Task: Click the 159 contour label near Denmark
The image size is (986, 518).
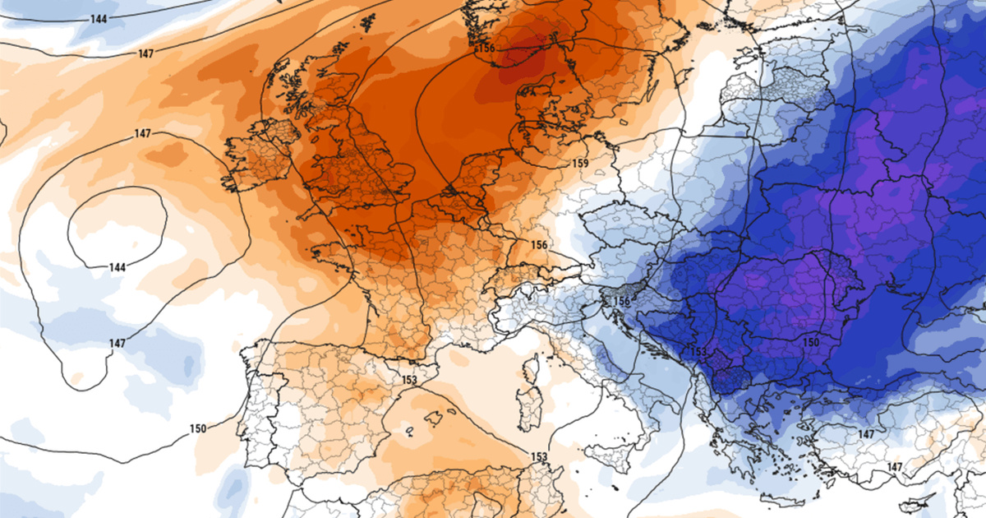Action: (580, 164)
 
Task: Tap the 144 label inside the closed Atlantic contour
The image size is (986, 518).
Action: (117, 267)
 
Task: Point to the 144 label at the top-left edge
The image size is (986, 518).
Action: (99, 17)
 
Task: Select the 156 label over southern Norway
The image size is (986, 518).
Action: (486, 49)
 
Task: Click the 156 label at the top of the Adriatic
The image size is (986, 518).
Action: (622, 302)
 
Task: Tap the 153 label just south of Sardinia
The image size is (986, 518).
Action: (539, 457)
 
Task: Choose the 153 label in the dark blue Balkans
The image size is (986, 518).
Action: (698, 352)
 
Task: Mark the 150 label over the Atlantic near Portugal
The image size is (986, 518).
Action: (197, 428)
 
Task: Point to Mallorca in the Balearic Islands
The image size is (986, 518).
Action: (434, 418)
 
